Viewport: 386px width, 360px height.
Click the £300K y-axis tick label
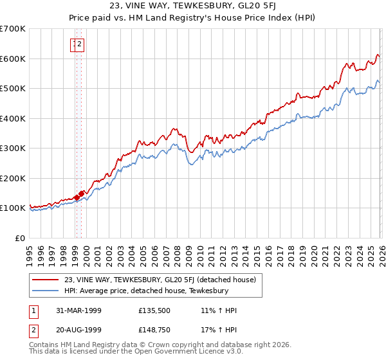pos(13,148)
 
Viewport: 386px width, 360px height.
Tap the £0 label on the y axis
pos(19,238)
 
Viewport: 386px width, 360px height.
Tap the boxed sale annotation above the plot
pos(78,44)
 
